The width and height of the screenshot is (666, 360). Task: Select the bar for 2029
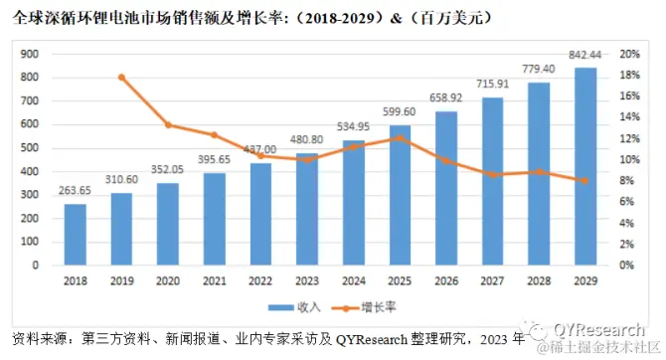pos(585,166)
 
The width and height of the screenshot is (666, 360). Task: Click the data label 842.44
pos(585,57)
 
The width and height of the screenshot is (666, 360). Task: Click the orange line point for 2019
pos(121,77)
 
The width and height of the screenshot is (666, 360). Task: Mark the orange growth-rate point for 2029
pos(585,181)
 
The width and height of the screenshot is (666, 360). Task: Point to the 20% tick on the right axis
pos(630,55)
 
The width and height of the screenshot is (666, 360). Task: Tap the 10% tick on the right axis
pos(630,160)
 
